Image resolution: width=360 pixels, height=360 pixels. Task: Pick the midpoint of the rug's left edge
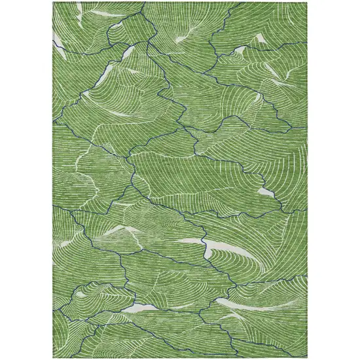click(x=54, y=180)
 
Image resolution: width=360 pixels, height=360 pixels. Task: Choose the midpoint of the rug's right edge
click(x=306, y=180)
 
